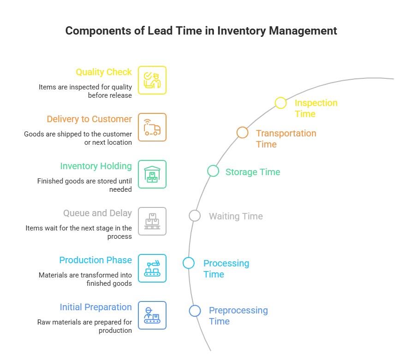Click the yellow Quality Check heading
(104, 72)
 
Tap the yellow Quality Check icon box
(153, 80)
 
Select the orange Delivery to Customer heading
(89, 119)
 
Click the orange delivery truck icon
(153, 127)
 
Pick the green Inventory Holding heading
(96, 166)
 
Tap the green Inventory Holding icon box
(153, 174)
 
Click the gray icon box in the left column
(153, 221)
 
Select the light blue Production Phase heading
(96, 260)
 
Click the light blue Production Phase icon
(153, 268)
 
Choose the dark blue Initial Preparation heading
(96, 307)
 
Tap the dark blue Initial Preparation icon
(153, 315)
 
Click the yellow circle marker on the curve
(280, 103)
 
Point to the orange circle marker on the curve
(242, 132)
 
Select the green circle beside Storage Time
(213, 171)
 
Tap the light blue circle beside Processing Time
(188, 263)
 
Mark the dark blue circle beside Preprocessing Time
(195, 311)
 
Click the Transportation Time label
(286, 138)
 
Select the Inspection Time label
(316, 108)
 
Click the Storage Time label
(252, 172)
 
